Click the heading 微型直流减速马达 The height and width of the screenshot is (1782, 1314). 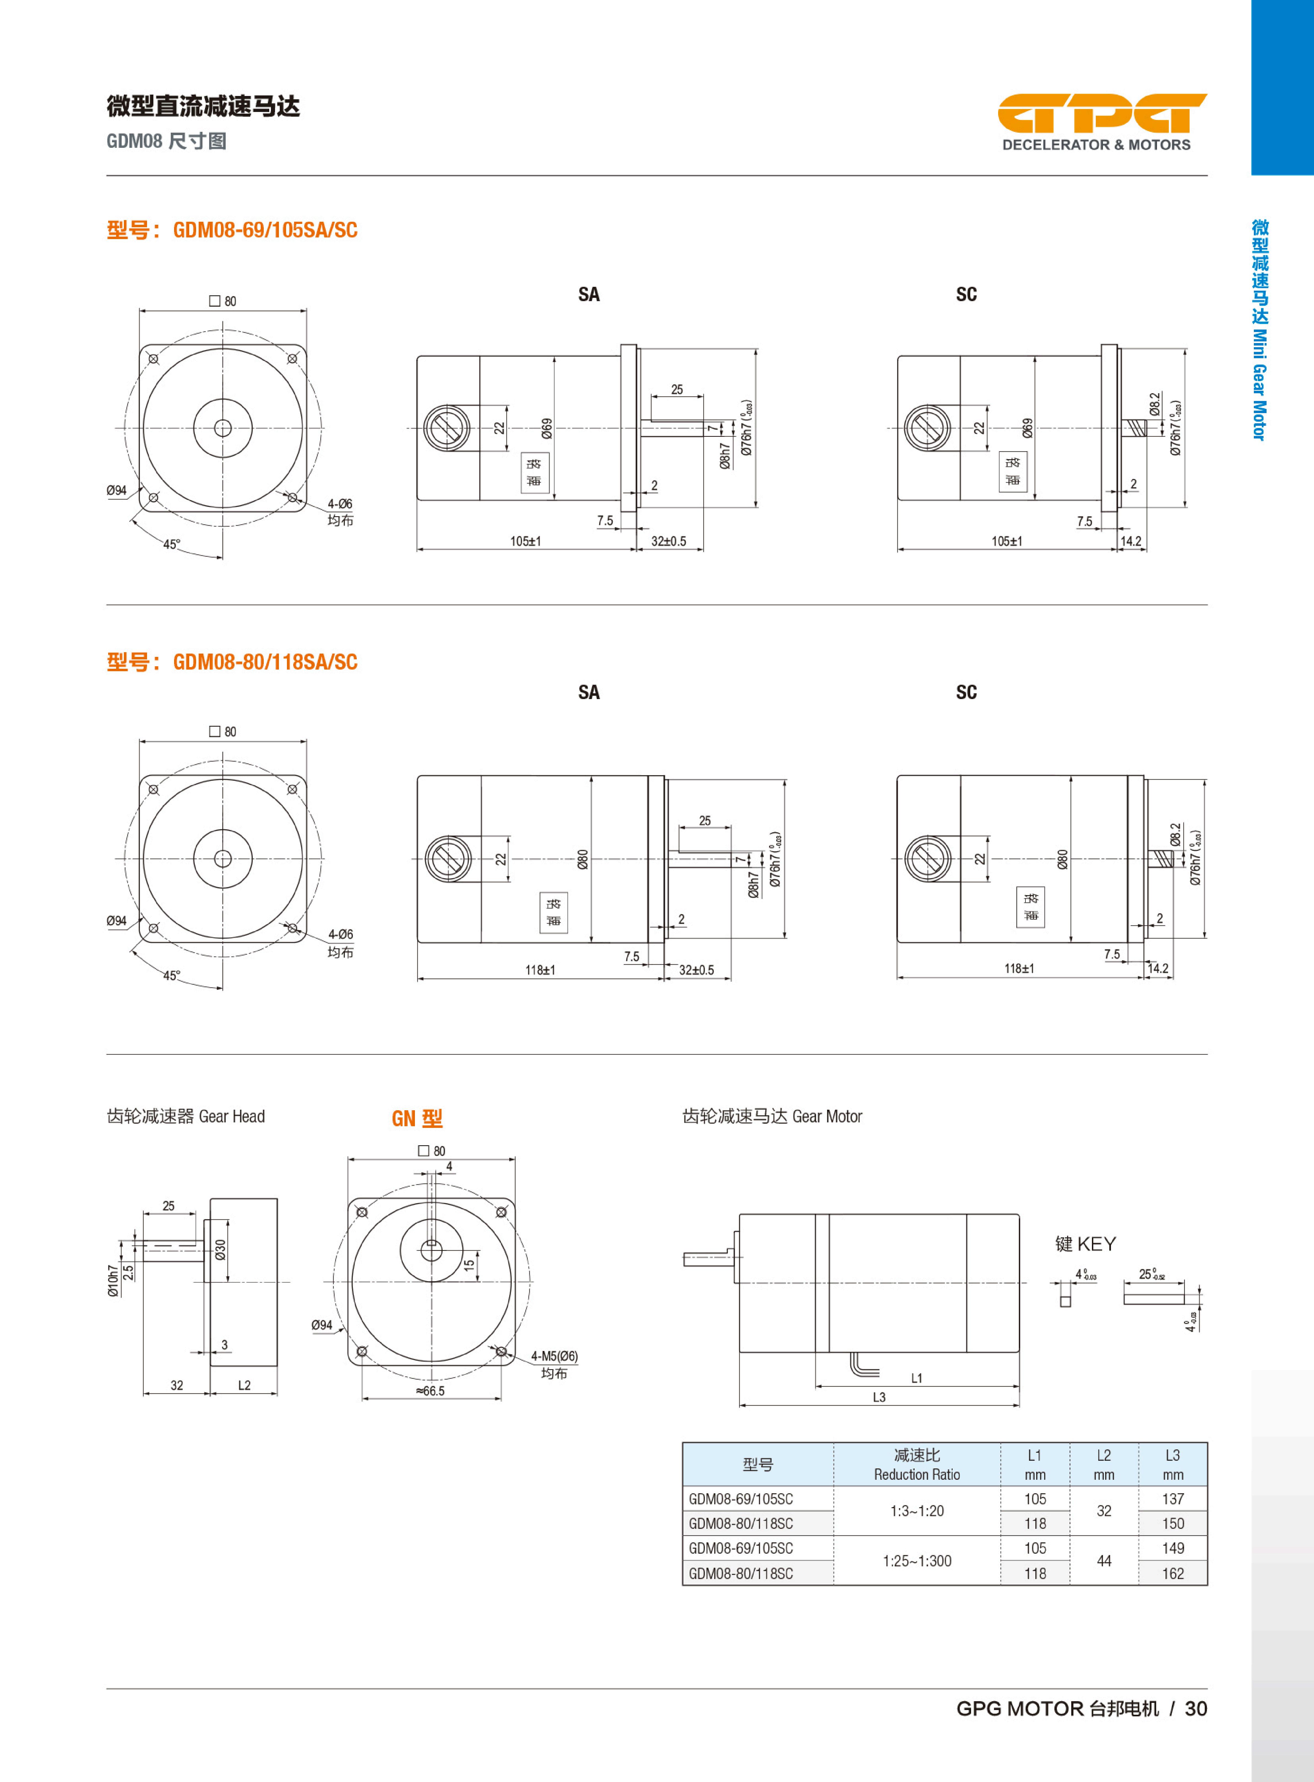click(x=204, y=106)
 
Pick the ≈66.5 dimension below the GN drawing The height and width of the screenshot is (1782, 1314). click(x=430, y=1391)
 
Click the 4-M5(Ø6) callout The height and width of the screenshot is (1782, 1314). click(x=555, y=1356)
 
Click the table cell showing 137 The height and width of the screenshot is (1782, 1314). click(x=1172, y=1499)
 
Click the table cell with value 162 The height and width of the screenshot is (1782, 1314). click(x=1172, y=1574)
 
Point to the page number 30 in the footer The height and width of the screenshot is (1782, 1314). click(x=1195, y=1709)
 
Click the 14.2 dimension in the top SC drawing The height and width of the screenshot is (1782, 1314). click(x=1130, y=542)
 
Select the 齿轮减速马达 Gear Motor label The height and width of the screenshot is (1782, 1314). click(x=772, y=1116)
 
